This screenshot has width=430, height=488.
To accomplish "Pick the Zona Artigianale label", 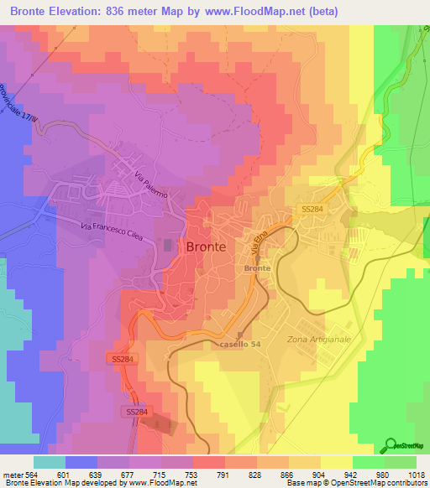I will [x=317, y=338].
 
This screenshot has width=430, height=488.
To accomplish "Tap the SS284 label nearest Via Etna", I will [x=313, y=209].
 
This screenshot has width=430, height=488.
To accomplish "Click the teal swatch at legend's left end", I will [x=50, y=462].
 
